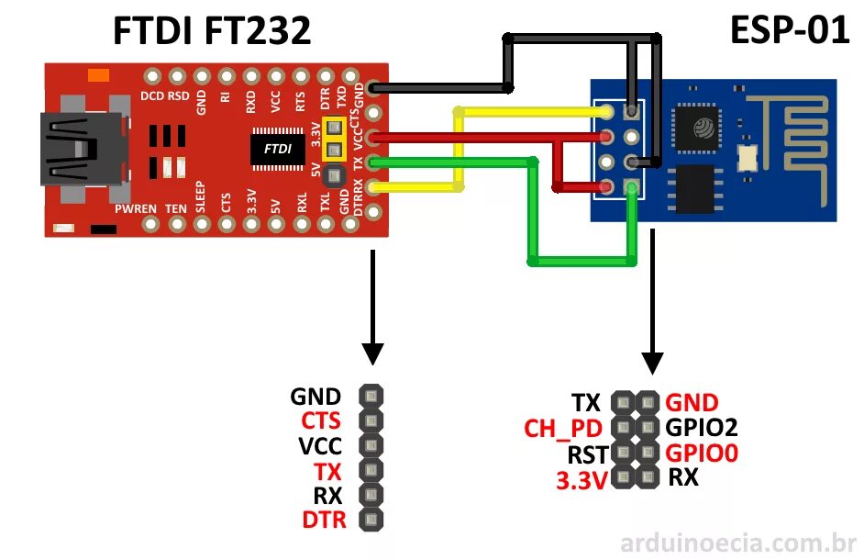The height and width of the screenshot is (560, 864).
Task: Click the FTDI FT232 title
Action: tap(211, 32)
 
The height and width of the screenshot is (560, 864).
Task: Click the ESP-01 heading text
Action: tap(789, 31)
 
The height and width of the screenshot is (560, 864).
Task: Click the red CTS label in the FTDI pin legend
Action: tap(320, 421)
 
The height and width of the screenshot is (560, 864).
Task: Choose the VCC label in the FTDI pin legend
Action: tap(320, 446)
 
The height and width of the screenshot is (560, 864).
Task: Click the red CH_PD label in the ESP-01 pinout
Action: tap(563, 428)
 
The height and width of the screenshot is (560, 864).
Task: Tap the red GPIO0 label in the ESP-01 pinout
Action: tap(702, 453)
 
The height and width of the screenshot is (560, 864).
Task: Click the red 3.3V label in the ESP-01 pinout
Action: tap(582, 479)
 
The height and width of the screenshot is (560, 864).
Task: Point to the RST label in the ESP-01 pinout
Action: tap(587, 454)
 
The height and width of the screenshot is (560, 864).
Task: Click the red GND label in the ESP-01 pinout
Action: tap(692, 402)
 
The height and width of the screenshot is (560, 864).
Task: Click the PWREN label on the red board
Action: tap(136, 209)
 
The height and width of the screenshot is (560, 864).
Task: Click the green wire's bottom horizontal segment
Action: tap(582, 263)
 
